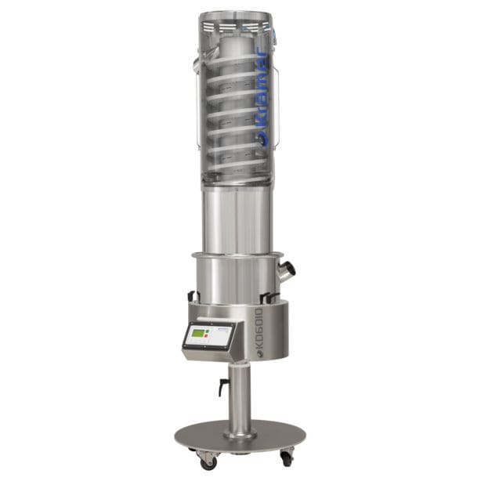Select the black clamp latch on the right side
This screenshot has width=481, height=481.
269,297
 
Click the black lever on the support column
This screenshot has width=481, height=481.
223,386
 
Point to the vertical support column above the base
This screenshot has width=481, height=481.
240,392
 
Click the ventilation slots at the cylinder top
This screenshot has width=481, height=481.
235,27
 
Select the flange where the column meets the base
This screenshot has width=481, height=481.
240,432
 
